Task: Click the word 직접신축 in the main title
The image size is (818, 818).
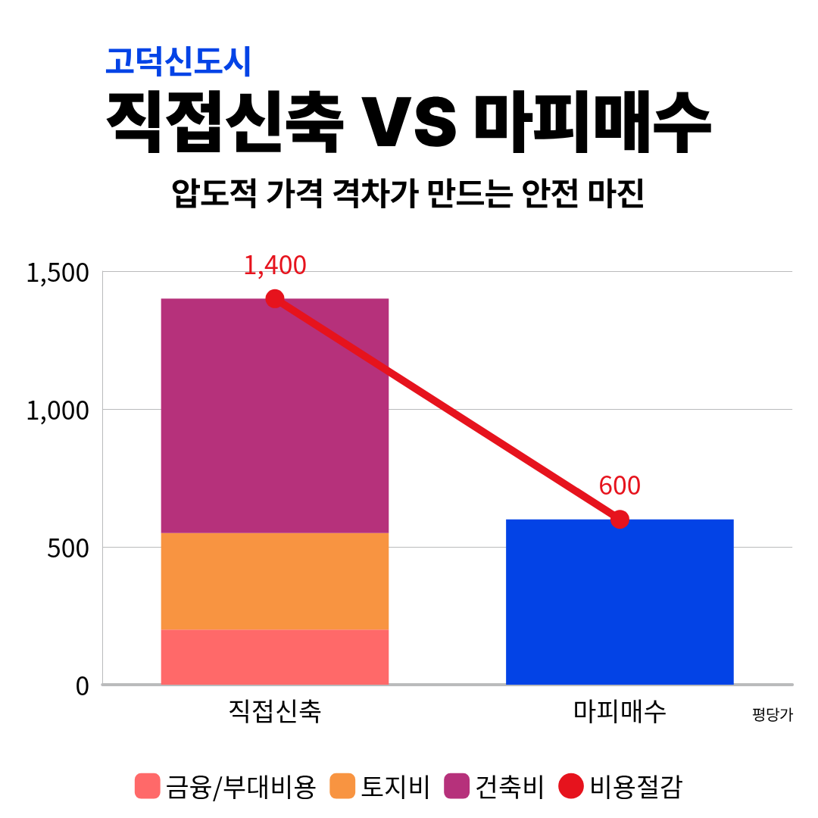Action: [x=224, y=123]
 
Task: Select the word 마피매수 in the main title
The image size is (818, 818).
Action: [x=592, y=123]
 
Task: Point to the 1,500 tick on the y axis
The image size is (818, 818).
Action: [x=58, y=273]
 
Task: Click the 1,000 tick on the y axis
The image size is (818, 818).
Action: [x=58, y=411]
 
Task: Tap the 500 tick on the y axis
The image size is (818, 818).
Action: [x=68, y=548]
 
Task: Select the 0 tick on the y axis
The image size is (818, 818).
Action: [x=83, y=686]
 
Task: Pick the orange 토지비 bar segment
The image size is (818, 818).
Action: [x=274, y=581]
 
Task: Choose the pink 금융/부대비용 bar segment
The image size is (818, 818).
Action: [x=274, y=657]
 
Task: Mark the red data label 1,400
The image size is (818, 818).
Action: [x=274, y=266]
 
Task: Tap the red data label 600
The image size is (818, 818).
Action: [x=619, y=486]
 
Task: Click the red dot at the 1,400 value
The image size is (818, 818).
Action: [x=274, y=298]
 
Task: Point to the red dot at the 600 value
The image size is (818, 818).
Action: [x=620, y=520]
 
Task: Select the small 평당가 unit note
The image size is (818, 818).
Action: [x=772, y=715]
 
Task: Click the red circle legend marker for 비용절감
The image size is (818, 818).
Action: [x=570, y=786]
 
